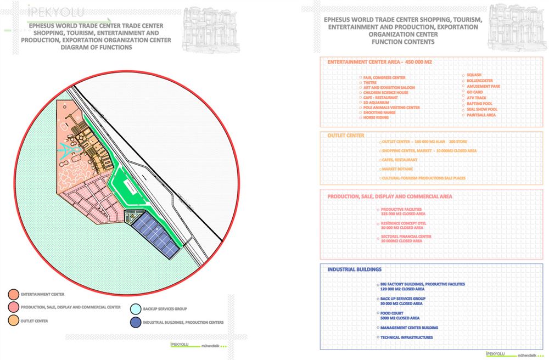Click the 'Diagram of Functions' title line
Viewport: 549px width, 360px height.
[97, 47]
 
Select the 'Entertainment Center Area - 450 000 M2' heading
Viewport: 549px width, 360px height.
[379, 62]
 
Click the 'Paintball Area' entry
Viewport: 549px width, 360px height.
[481, 115]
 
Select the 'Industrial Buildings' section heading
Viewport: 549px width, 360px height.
[354, 269]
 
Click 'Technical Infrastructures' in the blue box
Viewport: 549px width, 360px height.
[406, 337]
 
